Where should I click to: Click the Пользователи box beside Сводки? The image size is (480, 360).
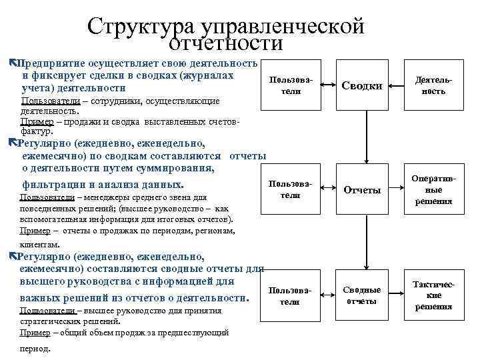click(289, 85)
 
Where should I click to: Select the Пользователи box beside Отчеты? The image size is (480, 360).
click(289, 189)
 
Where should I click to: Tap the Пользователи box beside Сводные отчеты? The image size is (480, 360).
click(289, 295)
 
